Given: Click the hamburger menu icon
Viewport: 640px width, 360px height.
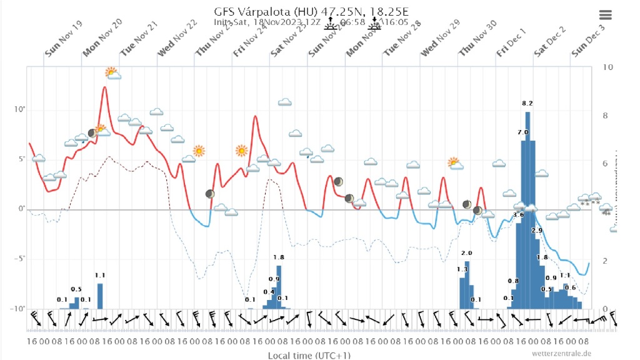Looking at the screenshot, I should (605, 15).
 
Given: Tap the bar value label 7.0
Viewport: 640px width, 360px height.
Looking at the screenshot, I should (522, 132).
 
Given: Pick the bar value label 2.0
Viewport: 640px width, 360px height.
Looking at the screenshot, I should (466, 253).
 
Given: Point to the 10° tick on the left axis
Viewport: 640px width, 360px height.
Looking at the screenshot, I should (19, 111).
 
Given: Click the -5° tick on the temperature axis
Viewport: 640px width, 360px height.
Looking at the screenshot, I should (19, 259).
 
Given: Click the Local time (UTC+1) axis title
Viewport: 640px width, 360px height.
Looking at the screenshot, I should (309, 355).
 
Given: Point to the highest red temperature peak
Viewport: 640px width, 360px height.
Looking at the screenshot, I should (104, 87).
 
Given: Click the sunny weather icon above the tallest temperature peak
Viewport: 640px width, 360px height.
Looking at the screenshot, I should (112, 73).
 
